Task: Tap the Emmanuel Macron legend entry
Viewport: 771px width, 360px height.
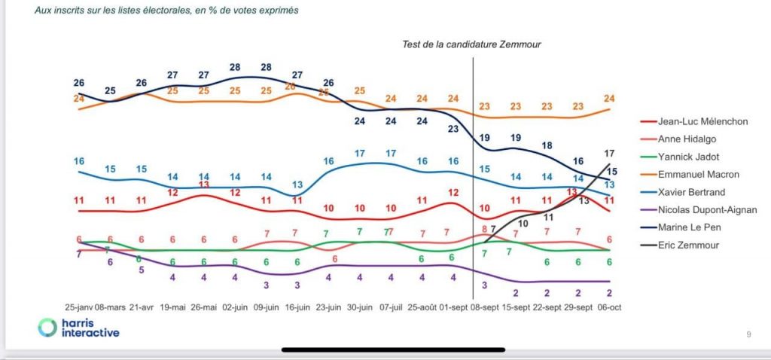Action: (x=695, y=174)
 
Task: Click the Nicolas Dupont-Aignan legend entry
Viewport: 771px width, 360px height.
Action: (x=709, y=209)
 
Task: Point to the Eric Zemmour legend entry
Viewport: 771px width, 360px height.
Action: (x=687, y=245)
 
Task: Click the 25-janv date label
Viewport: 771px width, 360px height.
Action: (x=81, y=308)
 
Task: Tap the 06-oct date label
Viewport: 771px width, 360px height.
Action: (x=609, y=308)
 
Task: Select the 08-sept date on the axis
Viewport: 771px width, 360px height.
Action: (x=482, y=308)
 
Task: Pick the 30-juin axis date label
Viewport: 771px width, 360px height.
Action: (x=360, y=308)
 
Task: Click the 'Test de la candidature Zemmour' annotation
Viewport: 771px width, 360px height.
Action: (x=471, y=44)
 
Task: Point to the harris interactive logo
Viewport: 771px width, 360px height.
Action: (x=78, y=328)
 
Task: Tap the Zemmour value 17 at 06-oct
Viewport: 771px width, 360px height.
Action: (x=609, y=154)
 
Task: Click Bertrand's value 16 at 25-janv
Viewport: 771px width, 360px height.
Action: (x=78, y=161)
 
